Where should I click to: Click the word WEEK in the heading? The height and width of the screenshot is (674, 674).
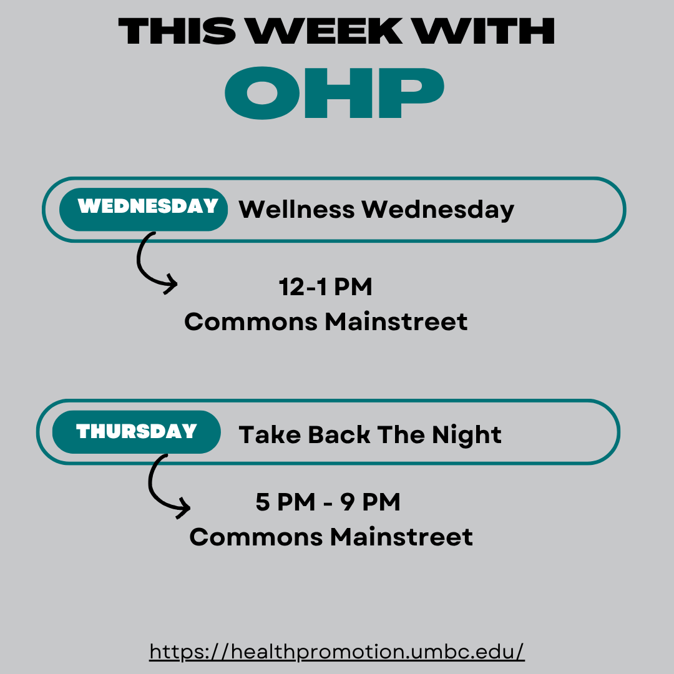326,31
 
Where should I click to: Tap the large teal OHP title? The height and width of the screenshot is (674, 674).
335,93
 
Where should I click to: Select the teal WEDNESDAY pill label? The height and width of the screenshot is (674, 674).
144,209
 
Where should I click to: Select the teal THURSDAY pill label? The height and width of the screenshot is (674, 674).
137,432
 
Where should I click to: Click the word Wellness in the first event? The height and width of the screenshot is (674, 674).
296,209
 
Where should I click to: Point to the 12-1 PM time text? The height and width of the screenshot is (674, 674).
325,286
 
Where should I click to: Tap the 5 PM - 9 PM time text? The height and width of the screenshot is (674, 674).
328,502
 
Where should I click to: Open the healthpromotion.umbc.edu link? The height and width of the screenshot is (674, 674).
337,651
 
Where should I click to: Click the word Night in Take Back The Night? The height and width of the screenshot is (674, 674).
467,435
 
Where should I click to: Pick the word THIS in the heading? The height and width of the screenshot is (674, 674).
177,31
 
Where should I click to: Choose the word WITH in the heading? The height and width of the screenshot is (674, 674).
485,31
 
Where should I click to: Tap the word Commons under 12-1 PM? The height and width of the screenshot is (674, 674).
251,321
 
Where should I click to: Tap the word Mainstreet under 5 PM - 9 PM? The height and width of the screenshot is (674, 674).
401,537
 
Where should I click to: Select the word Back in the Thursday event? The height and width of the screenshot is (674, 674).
339,434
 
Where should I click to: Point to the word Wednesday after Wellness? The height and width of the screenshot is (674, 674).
437,210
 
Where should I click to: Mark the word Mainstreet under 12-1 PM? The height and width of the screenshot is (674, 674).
396,321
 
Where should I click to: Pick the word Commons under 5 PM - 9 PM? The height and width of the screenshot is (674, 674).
256,537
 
